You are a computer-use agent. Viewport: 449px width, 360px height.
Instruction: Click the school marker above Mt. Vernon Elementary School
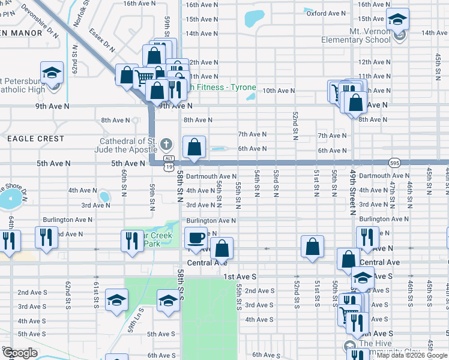coord(397,19)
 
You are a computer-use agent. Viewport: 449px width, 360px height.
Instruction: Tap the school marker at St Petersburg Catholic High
coord(52,73)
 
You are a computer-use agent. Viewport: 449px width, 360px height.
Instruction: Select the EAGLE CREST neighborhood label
coord(35,139)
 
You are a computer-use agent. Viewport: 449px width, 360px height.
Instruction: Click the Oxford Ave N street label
coord(325,13)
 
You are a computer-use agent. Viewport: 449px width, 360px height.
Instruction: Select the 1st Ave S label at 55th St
coord(240,277)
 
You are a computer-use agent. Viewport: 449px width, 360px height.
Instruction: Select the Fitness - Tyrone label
coord(222,88)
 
